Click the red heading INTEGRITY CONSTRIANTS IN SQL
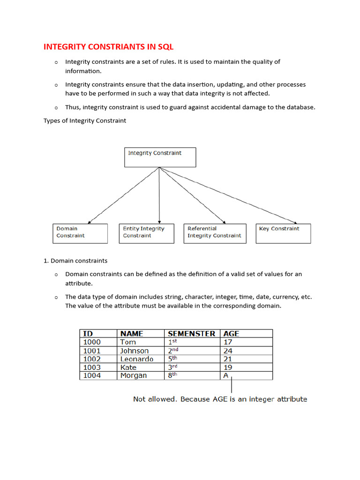tap(109, 47)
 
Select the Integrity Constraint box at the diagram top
tap(160, 157)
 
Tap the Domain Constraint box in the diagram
tap(80, 233)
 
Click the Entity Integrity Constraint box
tap(146, 233)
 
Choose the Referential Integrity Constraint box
tap(214, 233)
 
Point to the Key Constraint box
tap(283, 233)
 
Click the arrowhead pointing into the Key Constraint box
tap(296, 223)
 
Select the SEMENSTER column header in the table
tap(191, 334)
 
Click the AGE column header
tap(231, 334)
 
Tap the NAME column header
tap(132, 334)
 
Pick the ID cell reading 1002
tap(91, 359)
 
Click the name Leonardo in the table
tap(136, 359)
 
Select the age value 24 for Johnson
tap(228, 351)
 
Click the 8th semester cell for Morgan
tap(173, 375)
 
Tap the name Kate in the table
tap(128, 367)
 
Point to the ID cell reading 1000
tap(91, 342)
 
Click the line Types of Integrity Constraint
tap(85, 120)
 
